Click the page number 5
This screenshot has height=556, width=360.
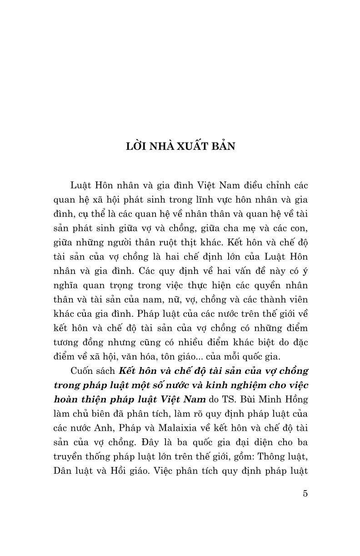point(305,494)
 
